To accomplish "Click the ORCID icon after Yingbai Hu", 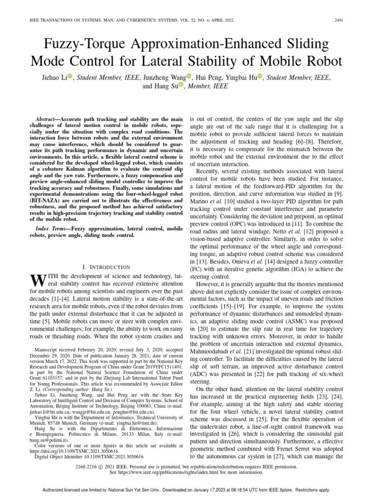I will [x=260, y=76].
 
